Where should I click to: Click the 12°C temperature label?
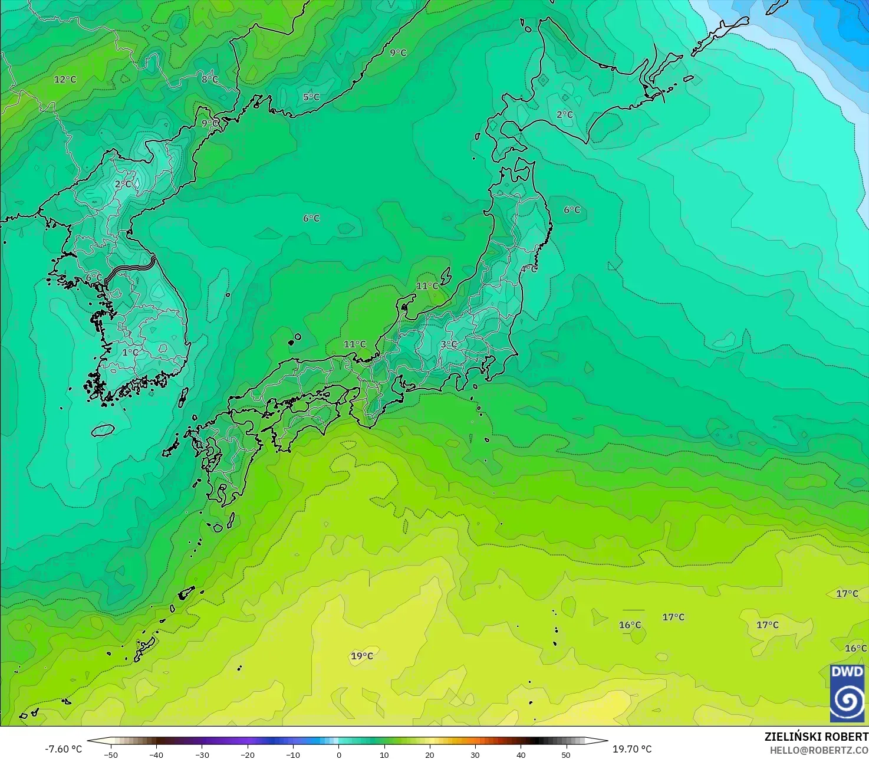coord(65,80)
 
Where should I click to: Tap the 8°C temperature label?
coord(210,79)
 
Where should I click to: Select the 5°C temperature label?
coord(311,97)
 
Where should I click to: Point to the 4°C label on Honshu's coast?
coord(529,269)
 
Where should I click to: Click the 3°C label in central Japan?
coord(449,344)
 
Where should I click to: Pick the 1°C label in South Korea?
coord(130,353)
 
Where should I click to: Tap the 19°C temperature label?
coord(362,656)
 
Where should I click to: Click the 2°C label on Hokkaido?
coord(565,114)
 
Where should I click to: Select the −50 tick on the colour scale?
coord(110,754)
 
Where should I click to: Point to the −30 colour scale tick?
coord(202,754)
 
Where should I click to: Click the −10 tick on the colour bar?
coord(293,754)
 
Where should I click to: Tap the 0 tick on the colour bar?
coord(339,754)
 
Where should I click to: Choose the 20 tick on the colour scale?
coord(430,754)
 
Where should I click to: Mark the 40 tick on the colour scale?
coord(521,754)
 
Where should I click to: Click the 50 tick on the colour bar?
coord(566,754)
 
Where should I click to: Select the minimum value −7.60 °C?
coord(64,749)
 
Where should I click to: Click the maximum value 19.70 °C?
coord(632,749)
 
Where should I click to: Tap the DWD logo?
coord(847,693)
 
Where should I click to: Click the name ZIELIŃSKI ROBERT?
coord(816,737)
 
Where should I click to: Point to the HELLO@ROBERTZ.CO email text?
coord(819,750)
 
